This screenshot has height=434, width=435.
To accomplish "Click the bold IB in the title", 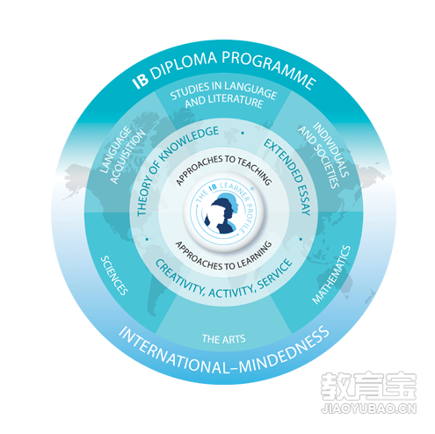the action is coord(140,79).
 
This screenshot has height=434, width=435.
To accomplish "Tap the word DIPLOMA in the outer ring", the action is coord(185,63).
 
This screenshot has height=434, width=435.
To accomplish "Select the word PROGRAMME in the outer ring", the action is coord(269,68).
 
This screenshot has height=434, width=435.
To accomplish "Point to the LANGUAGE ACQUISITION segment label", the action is coord(122,155).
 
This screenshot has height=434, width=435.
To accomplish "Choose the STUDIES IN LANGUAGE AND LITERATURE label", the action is coord(223,95).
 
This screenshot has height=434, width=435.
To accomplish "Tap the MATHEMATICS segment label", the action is coord(331,275).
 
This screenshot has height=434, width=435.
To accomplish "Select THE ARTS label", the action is coord(224,339).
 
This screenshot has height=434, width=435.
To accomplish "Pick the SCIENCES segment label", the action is coord(114,275).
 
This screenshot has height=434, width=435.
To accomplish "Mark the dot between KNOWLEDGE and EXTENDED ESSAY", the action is coord(243,133).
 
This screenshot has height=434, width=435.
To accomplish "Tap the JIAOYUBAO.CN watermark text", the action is coord(368,408).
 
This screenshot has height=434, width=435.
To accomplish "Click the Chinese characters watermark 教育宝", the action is coord(368,386).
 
